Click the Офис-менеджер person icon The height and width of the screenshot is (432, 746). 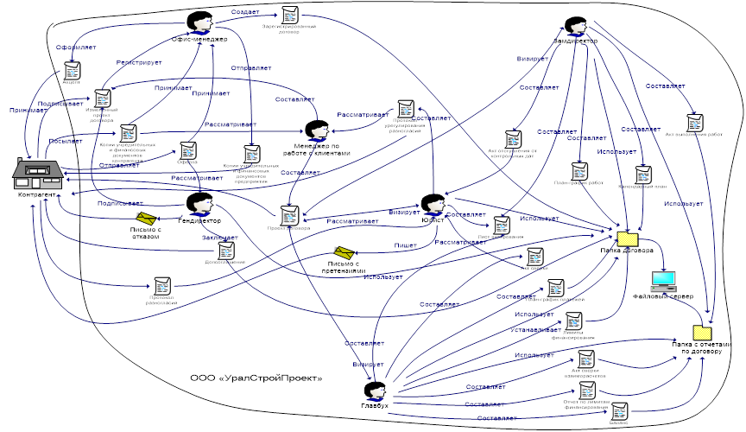[x=200, y=23]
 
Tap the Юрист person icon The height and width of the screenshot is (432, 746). [x=432, y=205]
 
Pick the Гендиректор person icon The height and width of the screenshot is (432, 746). [x=200, y=205]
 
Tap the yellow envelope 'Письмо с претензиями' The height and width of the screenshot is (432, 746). [x=345, y=252]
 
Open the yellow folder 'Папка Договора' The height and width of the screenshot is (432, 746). [x=627, y=238]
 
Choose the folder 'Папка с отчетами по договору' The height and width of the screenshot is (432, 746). [x=702, y=333]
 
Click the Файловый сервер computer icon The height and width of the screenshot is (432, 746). [x=663, y=281]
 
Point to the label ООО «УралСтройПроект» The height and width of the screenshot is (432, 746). [x=256, y=378]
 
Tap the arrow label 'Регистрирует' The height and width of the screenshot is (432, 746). [x=133, y=63]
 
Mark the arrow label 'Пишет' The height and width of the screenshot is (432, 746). [x=406, y=246]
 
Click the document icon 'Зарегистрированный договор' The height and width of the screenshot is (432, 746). [x=289, y=15]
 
